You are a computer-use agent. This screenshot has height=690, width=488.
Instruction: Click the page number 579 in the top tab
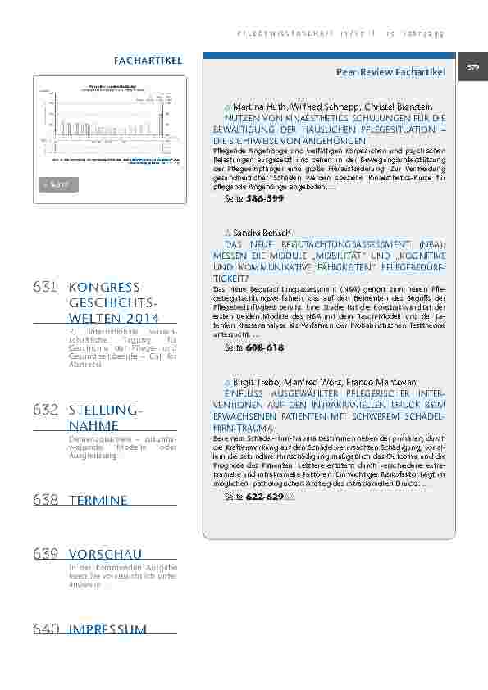tap(473, 67)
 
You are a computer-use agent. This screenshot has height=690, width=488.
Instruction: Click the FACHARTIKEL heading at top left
tap(148, 61)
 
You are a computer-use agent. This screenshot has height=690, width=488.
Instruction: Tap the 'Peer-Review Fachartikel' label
tap(390, 74)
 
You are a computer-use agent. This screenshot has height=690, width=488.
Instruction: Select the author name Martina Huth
tap(258, 108)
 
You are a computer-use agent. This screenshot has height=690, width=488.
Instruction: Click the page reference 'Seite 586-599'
tap(253, 199)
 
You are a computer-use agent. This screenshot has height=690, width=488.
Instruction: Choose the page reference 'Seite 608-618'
tap(253, 347)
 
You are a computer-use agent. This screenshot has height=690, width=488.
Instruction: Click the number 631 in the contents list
tap(45, 288)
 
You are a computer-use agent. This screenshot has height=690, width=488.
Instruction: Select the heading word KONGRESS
tap(105, 288)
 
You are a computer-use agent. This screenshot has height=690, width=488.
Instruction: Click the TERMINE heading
tap(98, 500)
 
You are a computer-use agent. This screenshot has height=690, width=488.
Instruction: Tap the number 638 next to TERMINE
tap(45, 500)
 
